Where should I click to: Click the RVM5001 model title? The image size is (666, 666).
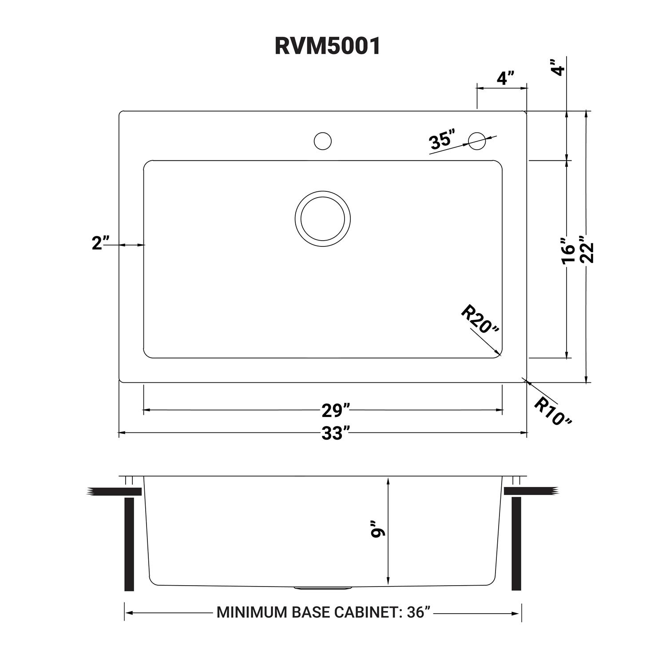[328, 46]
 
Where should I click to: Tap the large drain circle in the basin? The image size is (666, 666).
[322, 218]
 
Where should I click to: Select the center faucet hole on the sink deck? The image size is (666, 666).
[322, 141]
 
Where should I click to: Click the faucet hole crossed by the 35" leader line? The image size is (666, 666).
[477, 141]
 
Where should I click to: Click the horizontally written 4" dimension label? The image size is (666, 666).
[505, 79]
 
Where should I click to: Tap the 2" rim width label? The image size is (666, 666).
[101, 243]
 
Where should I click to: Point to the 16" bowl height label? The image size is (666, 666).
[568, 251]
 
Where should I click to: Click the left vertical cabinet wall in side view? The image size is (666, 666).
[129, 544]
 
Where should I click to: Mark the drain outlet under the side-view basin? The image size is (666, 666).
[323, 589]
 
